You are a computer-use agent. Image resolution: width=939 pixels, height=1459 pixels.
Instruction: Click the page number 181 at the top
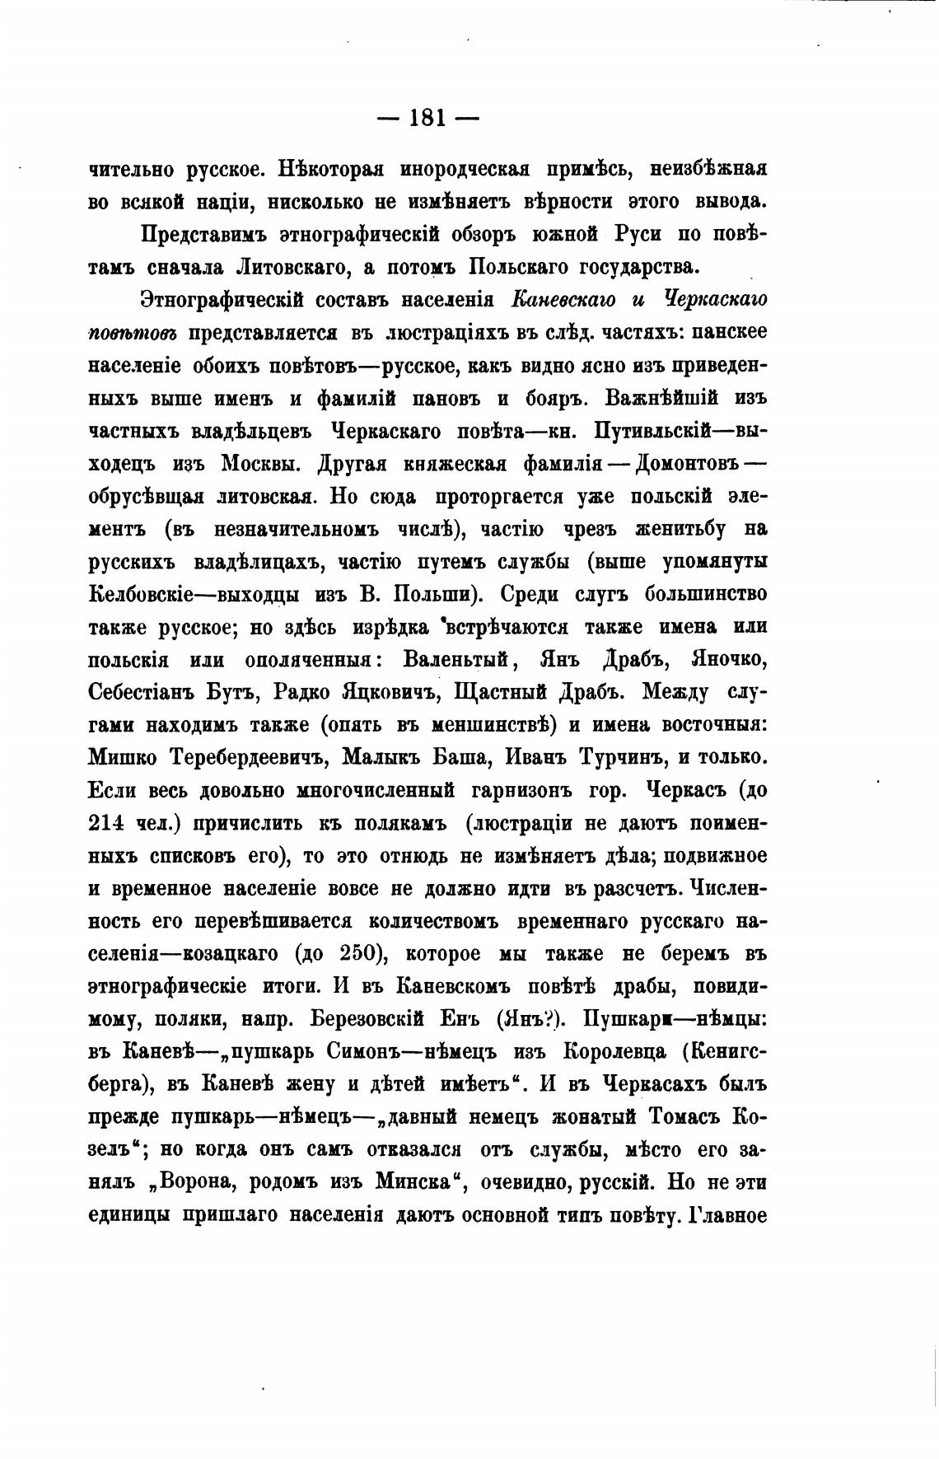pos(427,118)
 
